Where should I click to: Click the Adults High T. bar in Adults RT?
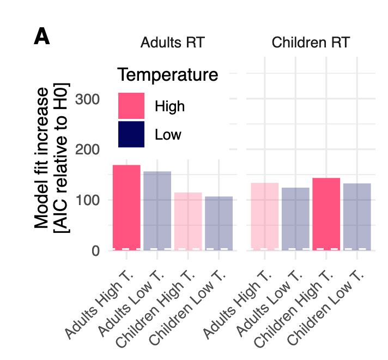point(126,207)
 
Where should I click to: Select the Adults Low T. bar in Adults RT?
point(157,211)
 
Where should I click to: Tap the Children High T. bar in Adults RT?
point(188,221)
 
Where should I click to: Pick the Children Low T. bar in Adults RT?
point(219,223)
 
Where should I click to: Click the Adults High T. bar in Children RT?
point(264,217)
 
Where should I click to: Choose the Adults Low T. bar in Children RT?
point(295,219)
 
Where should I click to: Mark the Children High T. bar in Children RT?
point(326,214)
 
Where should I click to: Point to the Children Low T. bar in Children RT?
point(357,217)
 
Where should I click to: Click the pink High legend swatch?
point(131,106)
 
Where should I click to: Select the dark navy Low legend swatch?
point(131,134)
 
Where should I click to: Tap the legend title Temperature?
point(168,75)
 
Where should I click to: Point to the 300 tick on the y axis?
point(87,99)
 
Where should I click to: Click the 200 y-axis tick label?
point(87,149)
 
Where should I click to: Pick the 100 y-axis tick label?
point(87,200)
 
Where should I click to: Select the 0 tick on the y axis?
point(95,251)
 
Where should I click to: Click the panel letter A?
point(42,37)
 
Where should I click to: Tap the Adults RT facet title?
point(172,43)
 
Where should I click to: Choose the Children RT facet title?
point(311,43)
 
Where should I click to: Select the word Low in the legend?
point(168,134)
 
